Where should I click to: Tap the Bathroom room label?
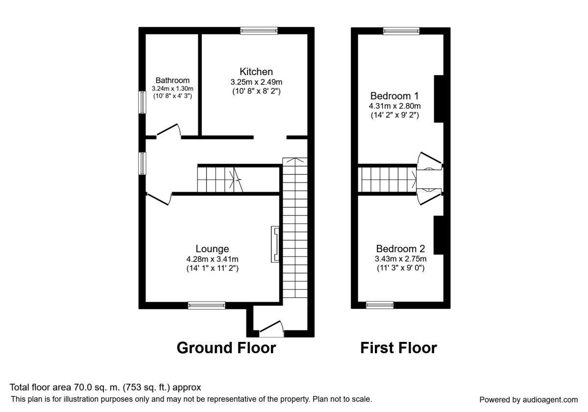172,80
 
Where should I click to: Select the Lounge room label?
212,249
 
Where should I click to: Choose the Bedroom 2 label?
400,249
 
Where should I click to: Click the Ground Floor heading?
226,348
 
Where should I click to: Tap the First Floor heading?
398,348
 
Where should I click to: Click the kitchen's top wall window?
259,31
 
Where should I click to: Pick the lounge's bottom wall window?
207,306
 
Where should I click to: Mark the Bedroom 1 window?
401,31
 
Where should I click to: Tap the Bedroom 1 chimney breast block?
439,99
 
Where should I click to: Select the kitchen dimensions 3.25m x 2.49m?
256,82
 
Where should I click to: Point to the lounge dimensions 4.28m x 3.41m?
212,259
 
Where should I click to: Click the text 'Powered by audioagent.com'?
528,399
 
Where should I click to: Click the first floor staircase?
387,180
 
